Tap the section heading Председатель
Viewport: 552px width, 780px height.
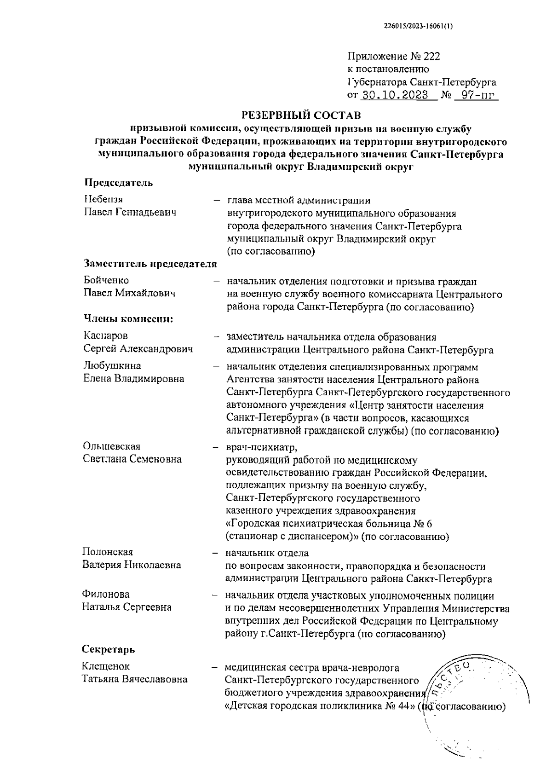pyautogui.click(x=118, y=183)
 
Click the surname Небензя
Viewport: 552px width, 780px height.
pyautogui.click(x=103, y=199)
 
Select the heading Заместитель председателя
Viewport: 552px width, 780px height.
pyautogui.click(x=150, y=264)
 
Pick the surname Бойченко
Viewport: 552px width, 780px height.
pyautogui.click(x=106, y=280)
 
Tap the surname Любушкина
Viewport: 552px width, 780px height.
pyautogui.click(x=112, y=366)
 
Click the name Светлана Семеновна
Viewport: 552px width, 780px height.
pyautogui.click(x=132, y=459)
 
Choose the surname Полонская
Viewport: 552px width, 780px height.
pyautogui.click(x=108, y=552)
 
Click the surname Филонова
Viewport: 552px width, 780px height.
pyautogui.click(x=106, y=594)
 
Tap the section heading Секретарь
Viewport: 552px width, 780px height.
pyautogui.click(x=109, y=649)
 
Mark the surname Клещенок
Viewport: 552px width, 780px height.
pyautogui.click(x=106, y=666)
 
